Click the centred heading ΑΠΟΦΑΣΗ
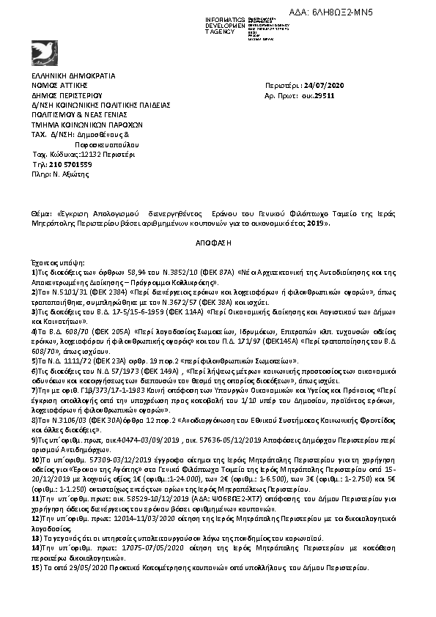pyautogui.click(x=218, y=240)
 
